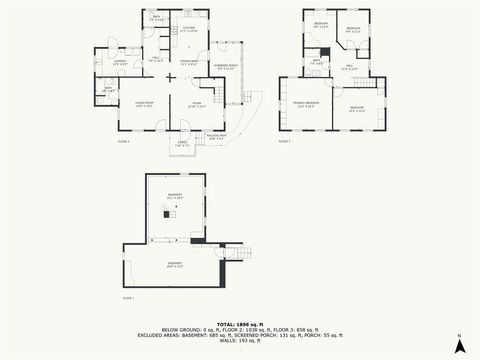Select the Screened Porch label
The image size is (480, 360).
click(225, 68)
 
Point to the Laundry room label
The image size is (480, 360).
click(119, 64)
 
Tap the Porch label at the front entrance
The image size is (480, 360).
click(182, 144)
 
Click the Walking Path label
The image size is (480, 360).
click(216, 136)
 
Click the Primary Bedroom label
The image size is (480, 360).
click(305, 105)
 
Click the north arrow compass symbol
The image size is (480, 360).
click(458, 345)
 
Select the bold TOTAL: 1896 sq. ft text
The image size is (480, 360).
click(239, 324)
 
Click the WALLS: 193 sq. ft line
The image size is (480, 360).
click(239, 342)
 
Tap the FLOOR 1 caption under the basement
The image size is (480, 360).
click(128, 298)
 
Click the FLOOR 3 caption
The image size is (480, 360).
click(284, 141)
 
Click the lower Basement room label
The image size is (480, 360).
click(174, 264)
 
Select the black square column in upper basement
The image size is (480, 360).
click(168, 215)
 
